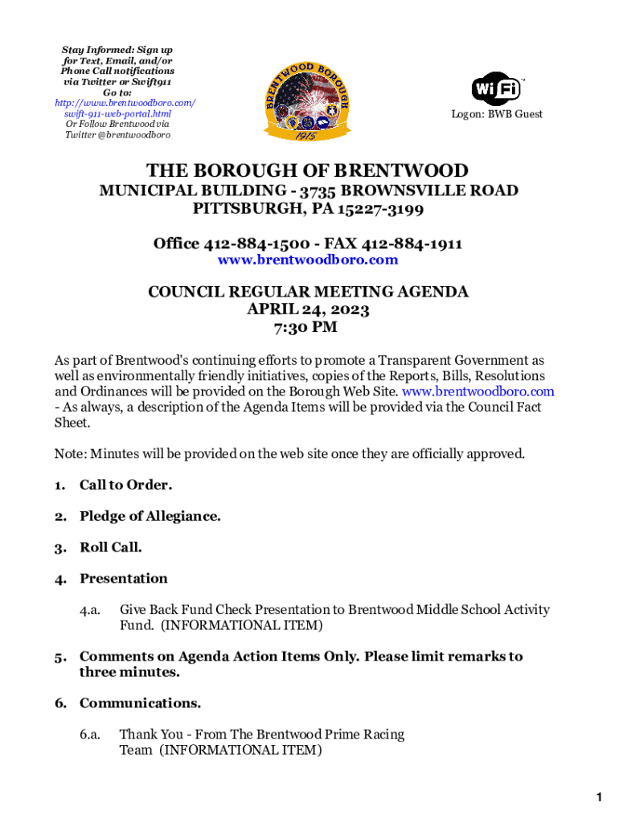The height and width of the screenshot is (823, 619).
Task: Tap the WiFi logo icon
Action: point(495,88)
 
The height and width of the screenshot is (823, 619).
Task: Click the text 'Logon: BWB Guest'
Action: point(496,114)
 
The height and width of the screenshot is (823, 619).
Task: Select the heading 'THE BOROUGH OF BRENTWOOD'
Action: point(307,170)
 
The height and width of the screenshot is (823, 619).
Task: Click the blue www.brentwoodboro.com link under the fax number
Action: point(308,260)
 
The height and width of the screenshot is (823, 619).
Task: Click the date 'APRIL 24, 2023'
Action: point(308,309)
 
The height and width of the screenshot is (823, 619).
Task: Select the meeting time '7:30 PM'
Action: point(308,327)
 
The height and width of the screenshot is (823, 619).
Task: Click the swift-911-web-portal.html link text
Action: point(117,114)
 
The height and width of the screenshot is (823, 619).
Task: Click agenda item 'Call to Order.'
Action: point(125,485)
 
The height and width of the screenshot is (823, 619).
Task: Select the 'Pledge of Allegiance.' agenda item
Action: point(150,516)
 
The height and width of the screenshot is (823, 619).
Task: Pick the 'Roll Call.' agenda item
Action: point(111,547)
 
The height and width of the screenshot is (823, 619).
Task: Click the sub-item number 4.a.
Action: point(89,610)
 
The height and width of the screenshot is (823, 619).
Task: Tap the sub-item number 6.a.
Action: point(89,735)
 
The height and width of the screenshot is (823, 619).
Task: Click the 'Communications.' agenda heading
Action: point(140,703)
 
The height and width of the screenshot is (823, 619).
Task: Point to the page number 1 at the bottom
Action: point(599,797)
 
